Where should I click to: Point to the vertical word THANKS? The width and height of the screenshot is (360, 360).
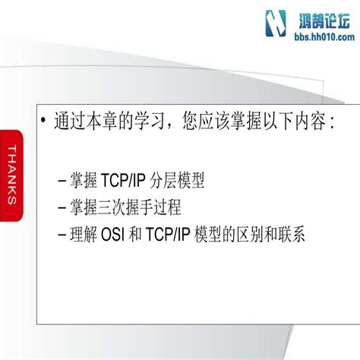tap(13, 174)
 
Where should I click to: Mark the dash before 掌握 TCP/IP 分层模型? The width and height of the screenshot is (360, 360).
tap(61, 182)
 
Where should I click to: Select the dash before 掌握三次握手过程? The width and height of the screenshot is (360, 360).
tap(61, 207)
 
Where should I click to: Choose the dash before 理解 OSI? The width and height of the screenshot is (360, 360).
tap(61, 232)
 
